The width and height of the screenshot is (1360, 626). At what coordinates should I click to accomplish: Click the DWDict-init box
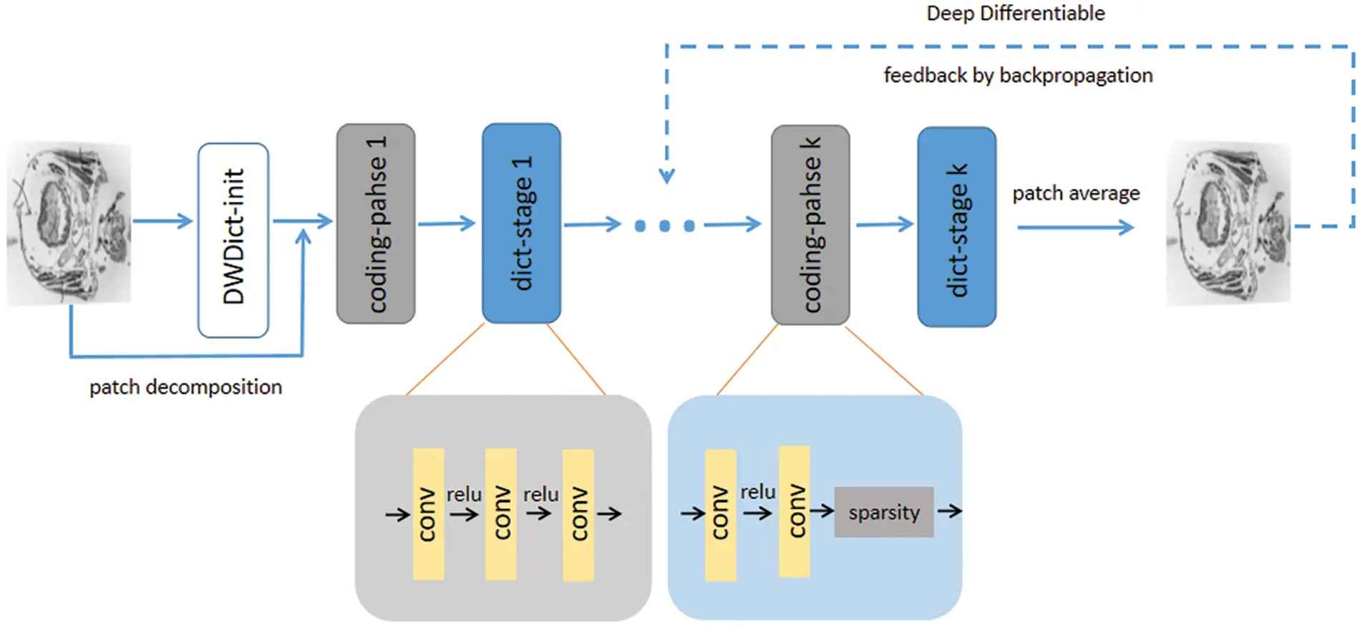pyautogui.click(x=233, y=240)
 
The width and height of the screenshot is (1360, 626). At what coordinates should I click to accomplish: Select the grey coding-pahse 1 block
pyautogui.click(x=376, y=223)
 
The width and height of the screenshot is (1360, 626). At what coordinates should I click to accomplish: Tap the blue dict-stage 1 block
pyautogui.click(x=521, y=223)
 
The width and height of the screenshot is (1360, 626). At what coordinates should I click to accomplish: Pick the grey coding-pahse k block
pyautogui.click(x=810, y=225)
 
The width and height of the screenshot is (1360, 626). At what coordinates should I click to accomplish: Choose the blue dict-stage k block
pyautogui.click(x=956, y=227)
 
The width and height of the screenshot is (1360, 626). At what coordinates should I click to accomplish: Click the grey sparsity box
pyautogui.click(x=884, y=512)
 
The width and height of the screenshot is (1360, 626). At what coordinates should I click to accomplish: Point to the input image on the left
pyautogui.click(x=69, y=223)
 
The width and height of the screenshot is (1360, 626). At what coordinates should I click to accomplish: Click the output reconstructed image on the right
pyautogui.click(x=1228, y=223)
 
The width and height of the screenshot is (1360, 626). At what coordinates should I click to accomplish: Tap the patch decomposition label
pyautogui.click(x=185, y=387)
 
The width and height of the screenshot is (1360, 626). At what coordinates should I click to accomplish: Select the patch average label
pyautogui.click(x=1076, y=193)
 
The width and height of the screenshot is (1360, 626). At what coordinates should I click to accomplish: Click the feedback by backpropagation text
pyautogui.click(x=1018, y=75)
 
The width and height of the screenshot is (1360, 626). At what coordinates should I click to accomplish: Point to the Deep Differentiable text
pyautogui.click(x=1015, y=13)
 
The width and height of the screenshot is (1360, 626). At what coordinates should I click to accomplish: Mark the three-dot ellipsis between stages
pyautogui.click(x=664, y=226)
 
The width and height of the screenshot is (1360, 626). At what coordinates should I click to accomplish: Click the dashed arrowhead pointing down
pyautogui.click(x=666, y=175)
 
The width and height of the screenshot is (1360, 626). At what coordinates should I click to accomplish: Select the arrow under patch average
pyautogui.click(x=1075, y=228)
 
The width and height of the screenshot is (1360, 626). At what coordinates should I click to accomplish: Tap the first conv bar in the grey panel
pyautogui.click(x=428, y=514)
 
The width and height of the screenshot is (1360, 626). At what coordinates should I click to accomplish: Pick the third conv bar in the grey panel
pyautogui.click(x=578, y=514)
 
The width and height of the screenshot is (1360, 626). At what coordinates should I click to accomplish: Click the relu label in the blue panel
pyautogui.click(x=757, y=492)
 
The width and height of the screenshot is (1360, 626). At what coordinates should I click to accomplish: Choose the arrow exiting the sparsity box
pyautogui.click(x=949, y=511)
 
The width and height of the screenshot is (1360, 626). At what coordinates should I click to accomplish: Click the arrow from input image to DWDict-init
pyautogui.click(x=163, y=221)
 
